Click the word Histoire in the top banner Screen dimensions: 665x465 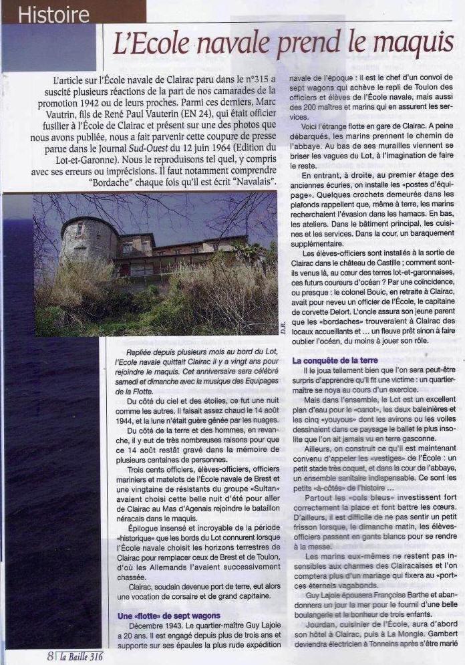(54, 13)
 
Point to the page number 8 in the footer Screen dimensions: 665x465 (51, 656)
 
